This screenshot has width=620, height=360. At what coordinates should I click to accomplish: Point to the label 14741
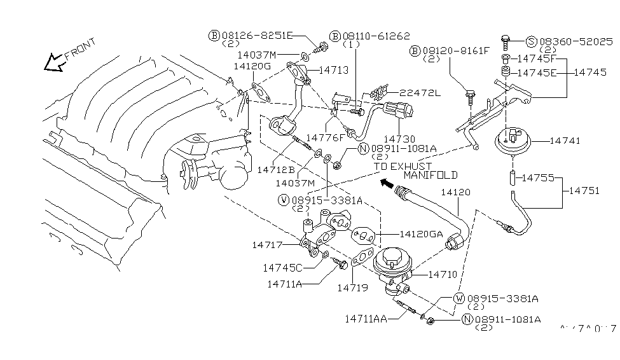(565, 141)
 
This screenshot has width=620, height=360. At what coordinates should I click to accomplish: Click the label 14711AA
(367, 318)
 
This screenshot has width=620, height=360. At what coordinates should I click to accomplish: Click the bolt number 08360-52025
(578, 42)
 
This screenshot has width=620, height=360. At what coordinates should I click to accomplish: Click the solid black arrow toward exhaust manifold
(385, 185)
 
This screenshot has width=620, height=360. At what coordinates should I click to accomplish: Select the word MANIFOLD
(431, 174)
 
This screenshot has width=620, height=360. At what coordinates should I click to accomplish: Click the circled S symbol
(532, 42)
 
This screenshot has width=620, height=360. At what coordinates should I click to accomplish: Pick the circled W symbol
(459, 298)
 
